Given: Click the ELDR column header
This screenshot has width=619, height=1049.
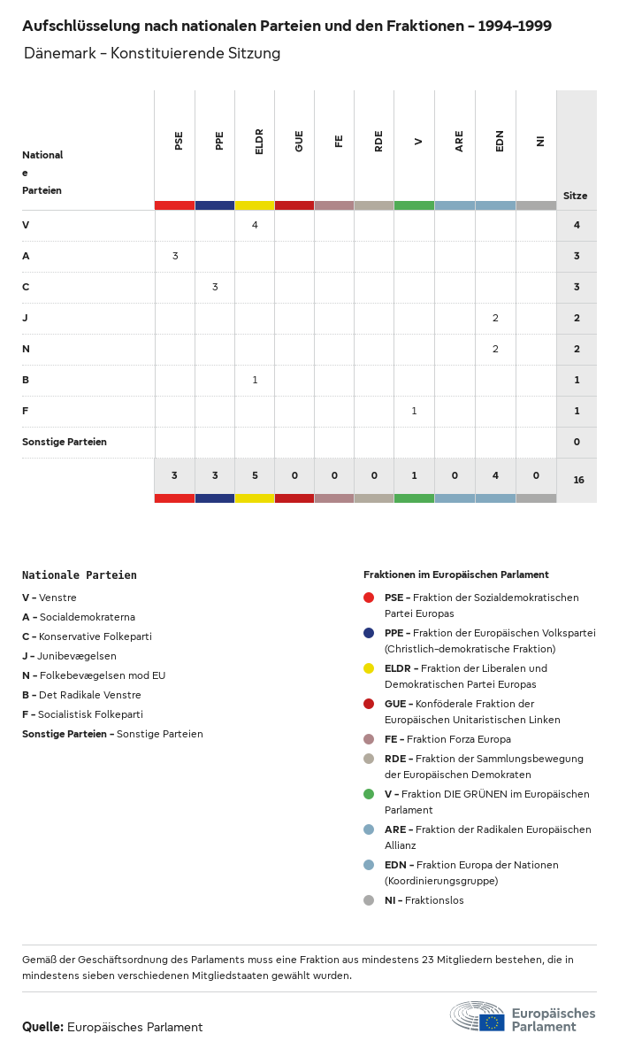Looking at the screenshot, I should (259, 142).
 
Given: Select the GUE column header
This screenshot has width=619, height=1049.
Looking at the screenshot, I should (299, 141).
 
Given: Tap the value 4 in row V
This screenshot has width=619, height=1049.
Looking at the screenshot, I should (255, 225).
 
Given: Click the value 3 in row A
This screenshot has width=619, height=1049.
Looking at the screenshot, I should (175, 256).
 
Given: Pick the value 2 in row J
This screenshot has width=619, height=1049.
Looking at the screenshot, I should (495, 318).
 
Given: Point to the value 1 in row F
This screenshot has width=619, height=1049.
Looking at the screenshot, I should (414, 411).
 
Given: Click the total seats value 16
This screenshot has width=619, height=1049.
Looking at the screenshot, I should (578, 480).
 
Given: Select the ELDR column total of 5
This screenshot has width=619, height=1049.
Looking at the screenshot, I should (255, 475).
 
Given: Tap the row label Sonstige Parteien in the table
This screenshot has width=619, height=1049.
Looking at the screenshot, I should (65, 442).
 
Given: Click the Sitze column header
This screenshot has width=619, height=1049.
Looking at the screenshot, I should (575, 196).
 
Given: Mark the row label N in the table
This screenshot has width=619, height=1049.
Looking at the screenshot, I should (26, 349).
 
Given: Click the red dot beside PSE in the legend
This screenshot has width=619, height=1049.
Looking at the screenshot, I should (369, 598).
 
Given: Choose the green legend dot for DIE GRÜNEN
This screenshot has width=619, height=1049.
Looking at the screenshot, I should (369, 794).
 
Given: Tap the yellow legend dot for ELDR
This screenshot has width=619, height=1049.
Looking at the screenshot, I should (369, 668).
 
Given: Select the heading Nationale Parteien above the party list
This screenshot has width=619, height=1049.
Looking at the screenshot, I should (80, 575).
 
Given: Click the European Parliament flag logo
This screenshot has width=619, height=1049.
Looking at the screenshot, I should (492, 1022).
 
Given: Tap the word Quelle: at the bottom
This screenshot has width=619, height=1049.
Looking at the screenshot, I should (42, 1027).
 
